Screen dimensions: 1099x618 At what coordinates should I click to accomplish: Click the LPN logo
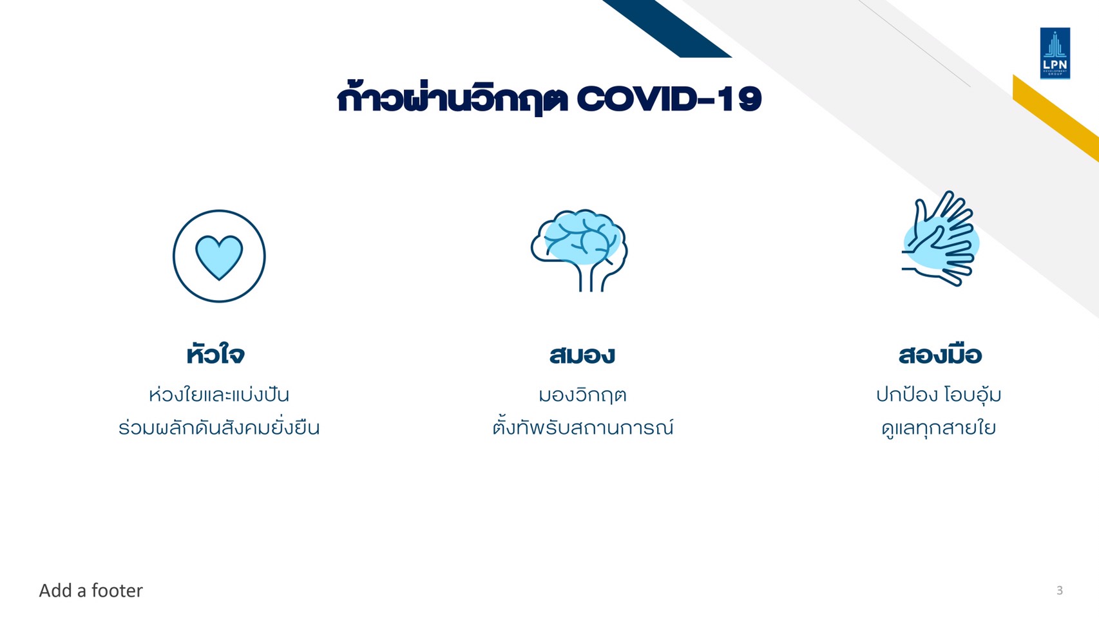1055,53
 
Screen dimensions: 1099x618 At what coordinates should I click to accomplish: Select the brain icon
579,250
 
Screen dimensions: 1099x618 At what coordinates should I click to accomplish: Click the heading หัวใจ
215,354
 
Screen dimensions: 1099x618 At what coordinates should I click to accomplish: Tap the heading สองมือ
940,354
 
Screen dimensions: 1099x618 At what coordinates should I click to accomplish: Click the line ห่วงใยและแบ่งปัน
219,395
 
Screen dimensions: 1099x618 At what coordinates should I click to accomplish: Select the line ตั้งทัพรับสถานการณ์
583,427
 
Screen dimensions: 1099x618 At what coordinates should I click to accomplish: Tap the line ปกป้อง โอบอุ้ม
939,395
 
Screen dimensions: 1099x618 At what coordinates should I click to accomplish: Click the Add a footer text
91,590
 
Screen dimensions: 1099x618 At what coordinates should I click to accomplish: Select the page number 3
1059,590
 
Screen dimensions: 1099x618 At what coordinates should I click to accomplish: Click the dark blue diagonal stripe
667,28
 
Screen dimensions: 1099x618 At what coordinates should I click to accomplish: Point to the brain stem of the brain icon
591,277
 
